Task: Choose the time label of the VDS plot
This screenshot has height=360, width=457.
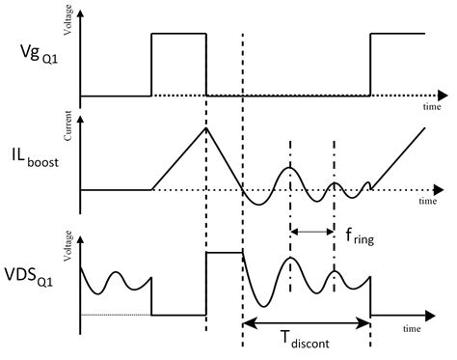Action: click(x=431, y=329)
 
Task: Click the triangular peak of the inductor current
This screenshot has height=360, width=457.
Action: click(x=205, y=129)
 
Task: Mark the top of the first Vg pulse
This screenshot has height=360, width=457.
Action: click(x=178, y=34)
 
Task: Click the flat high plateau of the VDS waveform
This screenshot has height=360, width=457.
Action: click(x=224, y=253)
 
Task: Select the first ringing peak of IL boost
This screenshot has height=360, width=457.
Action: click(x=290, y=168)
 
